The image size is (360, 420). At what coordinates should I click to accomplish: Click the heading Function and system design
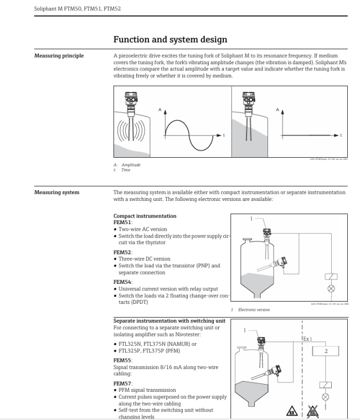[x=169, y=40]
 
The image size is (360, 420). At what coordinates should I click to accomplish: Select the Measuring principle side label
[x=59, y=56]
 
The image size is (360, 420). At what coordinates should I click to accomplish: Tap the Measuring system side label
[x=57, y=193]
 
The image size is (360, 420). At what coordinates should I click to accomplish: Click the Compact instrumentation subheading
[x=145, y=216]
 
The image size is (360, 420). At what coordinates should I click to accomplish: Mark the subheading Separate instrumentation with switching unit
[x=169, y=320]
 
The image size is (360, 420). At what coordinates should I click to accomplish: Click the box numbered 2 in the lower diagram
[x=326, y=351]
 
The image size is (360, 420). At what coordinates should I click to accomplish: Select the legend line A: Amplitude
[x=126, y=165]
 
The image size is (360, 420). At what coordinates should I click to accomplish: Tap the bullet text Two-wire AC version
[x=142, y=229]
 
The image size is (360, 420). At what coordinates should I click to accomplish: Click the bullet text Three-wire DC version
[x=145, y=259]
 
